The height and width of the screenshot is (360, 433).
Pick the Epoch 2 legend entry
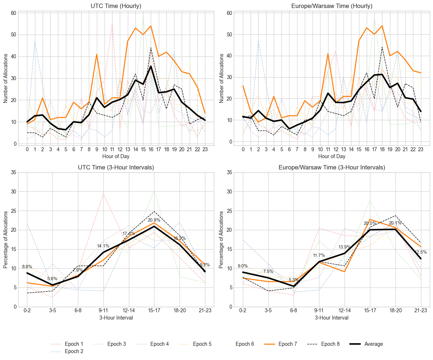(74, 352)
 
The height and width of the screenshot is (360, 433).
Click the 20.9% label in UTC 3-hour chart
(154, 220)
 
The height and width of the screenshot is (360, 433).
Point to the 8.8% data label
(27, 267)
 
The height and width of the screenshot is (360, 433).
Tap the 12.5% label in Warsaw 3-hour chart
(421, 252)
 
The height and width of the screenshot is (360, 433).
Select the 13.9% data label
(344, 247)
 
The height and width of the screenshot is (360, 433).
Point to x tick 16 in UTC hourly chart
(151, 149)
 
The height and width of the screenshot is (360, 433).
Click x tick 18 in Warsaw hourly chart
(382, 149)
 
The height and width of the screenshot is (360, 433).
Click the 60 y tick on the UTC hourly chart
(13, 13)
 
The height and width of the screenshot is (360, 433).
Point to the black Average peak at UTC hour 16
(151, 66)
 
